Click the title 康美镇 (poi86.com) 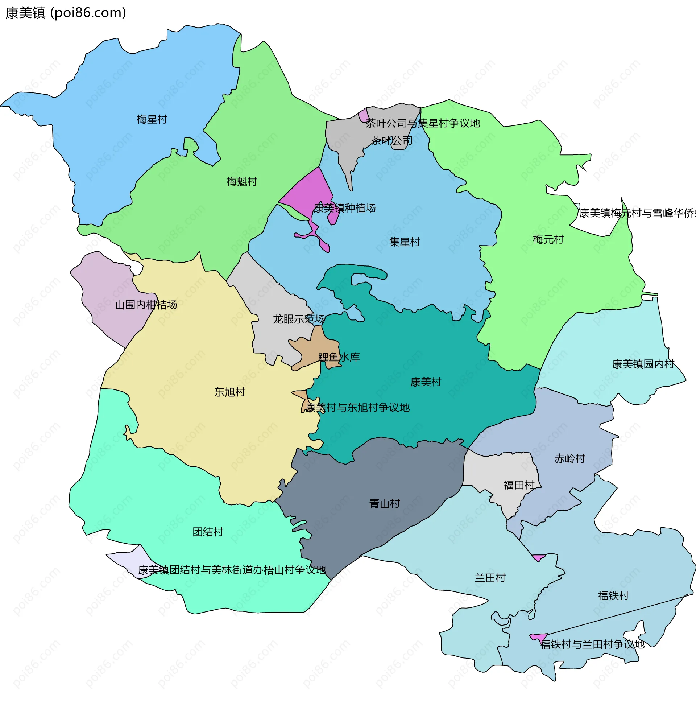66,13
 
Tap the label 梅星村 152,119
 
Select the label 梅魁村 242,181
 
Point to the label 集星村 405,242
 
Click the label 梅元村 548,239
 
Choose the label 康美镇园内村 643,364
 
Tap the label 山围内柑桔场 146,304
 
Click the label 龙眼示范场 299,319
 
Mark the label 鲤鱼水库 339,357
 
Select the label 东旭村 229,392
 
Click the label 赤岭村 570,458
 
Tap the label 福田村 519,485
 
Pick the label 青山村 385,504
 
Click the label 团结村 208,532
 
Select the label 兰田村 490,578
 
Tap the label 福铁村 614,595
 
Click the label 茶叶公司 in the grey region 391,140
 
